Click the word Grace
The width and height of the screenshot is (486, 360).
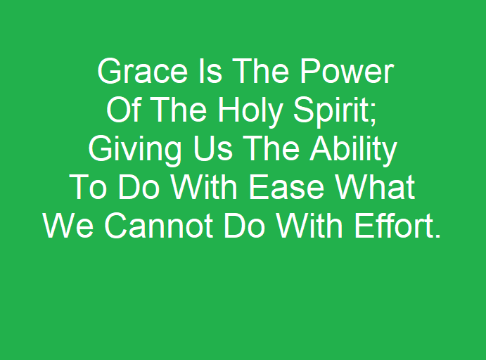[x=143, y=71]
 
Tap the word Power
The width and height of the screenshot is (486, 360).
[x=347, y=71]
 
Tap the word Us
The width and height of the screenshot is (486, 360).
[x=213, y=148]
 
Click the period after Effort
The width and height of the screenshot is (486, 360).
[x=437, y=236]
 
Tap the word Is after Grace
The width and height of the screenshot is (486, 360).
[x=210, y=71]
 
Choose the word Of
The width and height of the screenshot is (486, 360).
[x=124, y=110]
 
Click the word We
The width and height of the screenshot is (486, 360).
[x=68, y=225]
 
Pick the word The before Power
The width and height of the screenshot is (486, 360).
[x=261, y=71]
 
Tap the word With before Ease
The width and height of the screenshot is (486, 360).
[x=204, y=187]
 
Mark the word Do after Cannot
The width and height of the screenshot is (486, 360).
[x=244, y=225]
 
